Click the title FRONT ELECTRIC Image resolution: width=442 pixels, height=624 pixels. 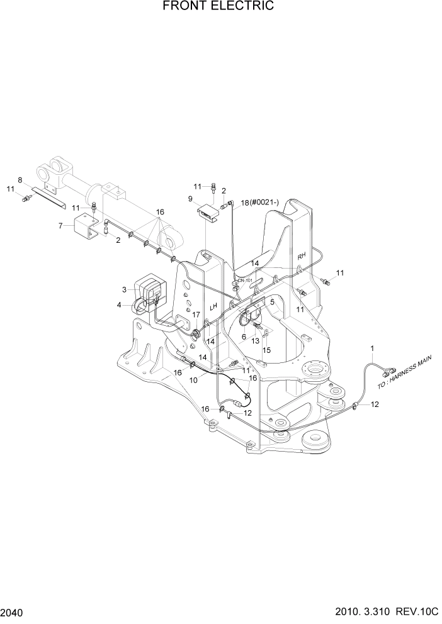click(218, 7)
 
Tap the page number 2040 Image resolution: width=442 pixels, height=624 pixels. click(13, 611)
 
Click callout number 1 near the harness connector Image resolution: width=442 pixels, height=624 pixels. click(372, 348)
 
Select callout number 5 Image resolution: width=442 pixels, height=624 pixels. click(272, 302)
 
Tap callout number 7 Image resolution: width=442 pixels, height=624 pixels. click(61, 225)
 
